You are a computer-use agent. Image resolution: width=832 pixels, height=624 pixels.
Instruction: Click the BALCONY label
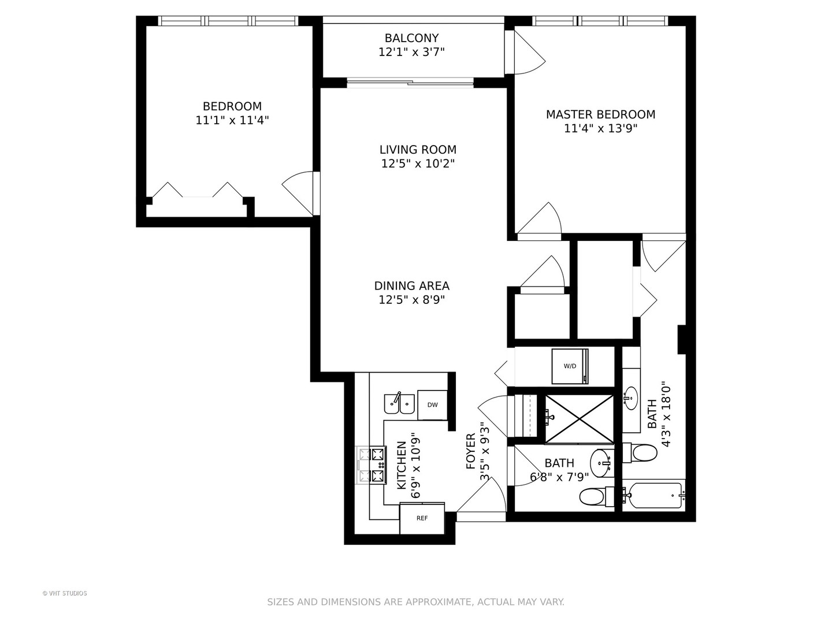(411, 38)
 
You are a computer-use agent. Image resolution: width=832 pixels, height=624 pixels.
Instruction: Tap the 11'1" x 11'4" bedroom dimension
(232, 120)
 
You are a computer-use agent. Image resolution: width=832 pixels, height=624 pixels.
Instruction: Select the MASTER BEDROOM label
(600, 114)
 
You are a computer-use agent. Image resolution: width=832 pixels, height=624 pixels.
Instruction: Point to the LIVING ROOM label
(418, 150)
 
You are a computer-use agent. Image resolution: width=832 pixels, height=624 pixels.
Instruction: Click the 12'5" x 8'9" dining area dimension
(411, 300)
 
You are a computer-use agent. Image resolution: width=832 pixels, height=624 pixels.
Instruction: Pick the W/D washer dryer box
(570, 366)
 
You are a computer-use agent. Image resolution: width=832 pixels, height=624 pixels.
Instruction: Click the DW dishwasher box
(432, 404)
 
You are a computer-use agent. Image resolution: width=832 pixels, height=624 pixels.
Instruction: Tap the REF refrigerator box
(422, 518)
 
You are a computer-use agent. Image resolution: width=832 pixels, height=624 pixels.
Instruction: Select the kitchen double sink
(399, 403)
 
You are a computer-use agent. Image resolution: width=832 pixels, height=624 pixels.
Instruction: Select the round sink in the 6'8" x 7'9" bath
(602, 462)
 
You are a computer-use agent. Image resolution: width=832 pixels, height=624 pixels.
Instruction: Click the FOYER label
(471, 451)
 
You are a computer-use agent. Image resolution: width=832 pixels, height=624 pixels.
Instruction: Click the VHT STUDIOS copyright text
(65, 593)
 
